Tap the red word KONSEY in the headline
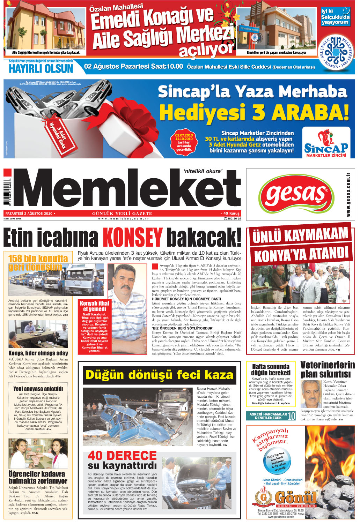(x=132, y=237)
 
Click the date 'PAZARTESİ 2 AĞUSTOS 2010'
(x=29, y=214)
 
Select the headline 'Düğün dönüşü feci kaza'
(x=159, y=375)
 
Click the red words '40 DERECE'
(x=122, y=455)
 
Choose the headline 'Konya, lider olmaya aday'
(x=38, y=353)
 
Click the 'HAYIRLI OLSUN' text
(x=41, y=68)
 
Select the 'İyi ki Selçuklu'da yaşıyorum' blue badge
(x=335, y=17)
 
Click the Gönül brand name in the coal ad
(x=295, y=497)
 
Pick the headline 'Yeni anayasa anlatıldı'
(x=38, y=389)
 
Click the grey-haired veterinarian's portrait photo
(x=311, y=394)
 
